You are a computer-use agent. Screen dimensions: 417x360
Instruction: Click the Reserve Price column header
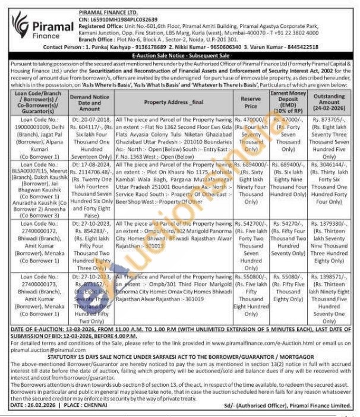[251, 102]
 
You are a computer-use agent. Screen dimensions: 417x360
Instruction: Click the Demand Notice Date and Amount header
[89, 102]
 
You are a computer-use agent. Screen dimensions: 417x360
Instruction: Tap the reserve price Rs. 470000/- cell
[251, 119]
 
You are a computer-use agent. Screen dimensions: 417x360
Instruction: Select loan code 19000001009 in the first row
[38, 127]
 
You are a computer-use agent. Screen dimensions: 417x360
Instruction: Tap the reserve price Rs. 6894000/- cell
[251, 163]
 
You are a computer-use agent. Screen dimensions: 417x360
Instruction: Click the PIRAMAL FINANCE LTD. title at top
[105, 12]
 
